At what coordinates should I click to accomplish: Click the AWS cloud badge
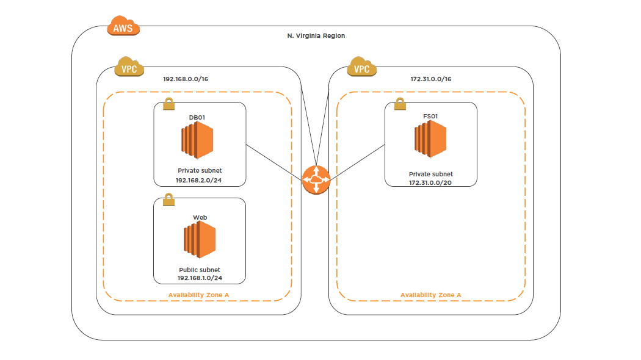pos(123,26)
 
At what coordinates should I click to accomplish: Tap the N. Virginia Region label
pos(316,36)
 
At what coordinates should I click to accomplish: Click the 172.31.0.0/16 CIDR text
pos(431,79)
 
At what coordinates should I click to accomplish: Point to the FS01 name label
pos(430,115)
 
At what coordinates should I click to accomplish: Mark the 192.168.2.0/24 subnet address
pos(198,181)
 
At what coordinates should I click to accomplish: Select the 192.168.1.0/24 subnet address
pos(200,278)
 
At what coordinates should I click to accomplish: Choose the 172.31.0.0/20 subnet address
pos(430,182)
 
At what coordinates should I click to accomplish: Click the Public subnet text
pos(200,270)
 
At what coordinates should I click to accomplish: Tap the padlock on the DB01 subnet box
pos(168,104)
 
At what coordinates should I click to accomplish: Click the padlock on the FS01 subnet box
pos(400,104)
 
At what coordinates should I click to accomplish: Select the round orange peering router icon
pos(316,180)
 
